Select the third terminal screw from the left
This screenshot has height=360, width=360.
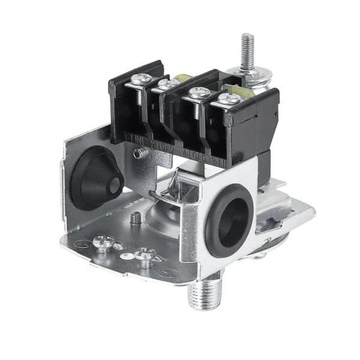click(197, 93)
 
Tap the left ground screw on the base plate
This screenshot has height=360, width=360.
click(104, 242)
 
